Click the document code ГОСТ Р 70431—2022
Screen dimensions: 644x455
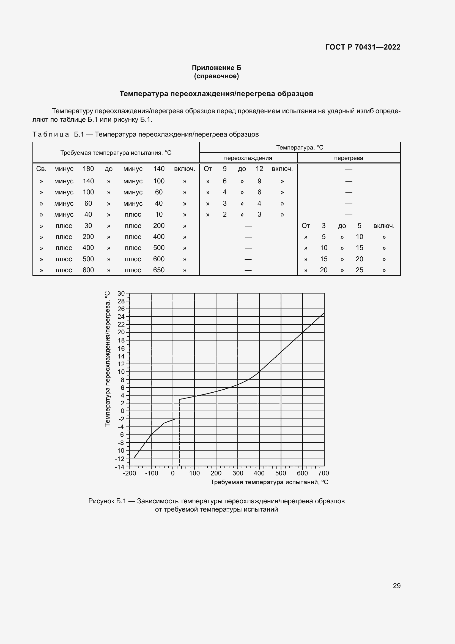pyautogui.click(x=363, y=47)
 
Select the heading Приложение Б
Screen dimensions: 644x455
pyautogui.click(x=216, y=68)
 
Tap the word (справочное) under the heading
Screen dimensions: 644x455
pyautogui.click(x=216, y=76)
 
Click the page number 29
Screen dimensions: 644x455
pyautogui.click(x=396, y=586)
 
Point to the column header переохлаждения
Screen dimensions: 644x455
pyautogui.click(x=248, y=158)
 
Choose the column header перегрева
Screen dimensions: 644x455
pyautogui.click(x=348, y=158)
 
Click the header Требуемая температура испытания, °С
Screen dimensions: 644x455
pyautogui.click(x=116, y=153)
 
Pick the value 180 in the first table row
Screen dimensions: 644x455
pyautogui.click(x=88, y=169)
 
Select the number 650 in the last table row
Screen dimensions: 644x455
pyautogui.click(x=158, y=270)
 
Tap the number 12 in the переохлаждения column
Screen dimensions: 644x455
pyautogui.click(x=259, y=169)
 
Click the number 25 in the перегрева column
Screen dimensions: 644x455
pyautogui.click(x=359, y=270)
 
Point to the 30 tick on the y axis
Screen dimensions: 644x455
pyautogui.click(x=121, y=294)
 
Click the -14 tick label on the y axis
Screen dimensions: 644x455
pyautogui.click(x=120, y=467)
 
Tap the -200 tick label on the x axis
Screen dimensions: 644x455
pyautogui.click(x=130, y=474)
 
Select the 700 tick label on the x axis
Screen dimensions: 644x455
pyautogui.click(x=323, y=474)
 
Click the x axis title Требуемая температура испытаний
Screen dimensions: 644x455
pyautogui.click(x=269, y=482)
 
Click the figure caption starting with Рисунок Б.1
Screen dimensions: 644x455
pyautogui.click(x=216, y=501)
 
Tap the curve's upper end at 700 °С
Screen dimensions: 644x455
pyautogui.click(x=324, y=313)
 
